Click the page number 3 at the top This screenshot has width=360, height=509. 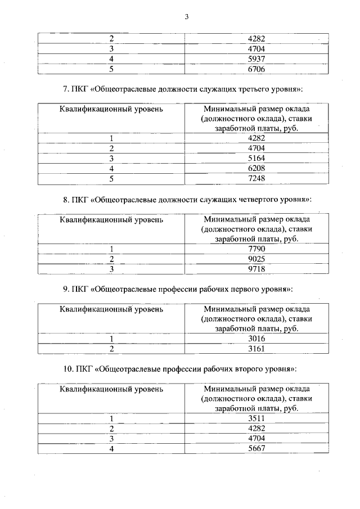pyautogui.click(x=186, y=16)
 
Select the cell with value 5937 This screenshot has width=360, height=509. pyautogui.click(x=256, y=59)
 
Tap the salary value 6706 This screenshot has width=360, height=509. pyautogui.click(x=256, y=69)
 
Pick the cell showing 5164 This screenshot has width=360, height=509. pyautogui.click(x=256, y=158)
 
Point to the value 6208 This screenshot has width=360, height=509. pyautogui.click(x=256, y=168)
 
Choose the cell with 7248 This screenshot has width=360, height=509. pyautogui.click(x=256, y=178)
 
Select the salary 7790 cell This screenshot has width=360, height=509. pyautogui.click(x=256, y=249)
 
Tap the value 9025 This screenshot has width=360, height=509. pyautogui.click(x=256, y=259)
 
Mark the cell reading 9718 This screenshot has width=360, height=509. pyautogui.click(x=256, y=269)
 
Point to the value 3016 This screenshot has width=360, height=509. pyautogui.click(x=256, y=339)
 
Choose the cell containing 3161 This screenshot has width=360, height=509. pyautogui.click(x=256, y=349)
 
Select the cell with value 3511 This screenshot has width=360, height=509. pyautogui.click(x=256, y=418)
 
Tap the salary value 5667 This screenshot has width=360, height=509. pyautogui.click(x=256, y=449)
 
